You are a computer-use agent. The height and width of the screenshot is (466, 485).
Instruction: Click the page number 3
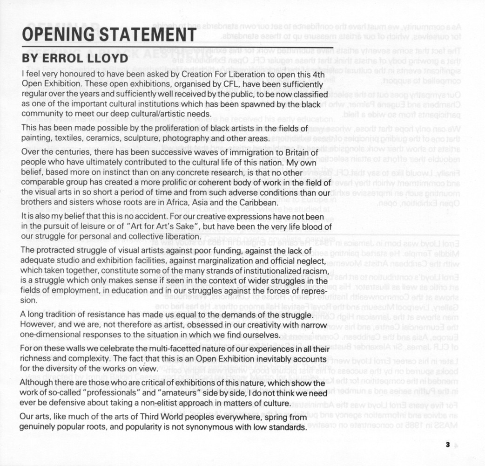[x=447, y=445]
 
